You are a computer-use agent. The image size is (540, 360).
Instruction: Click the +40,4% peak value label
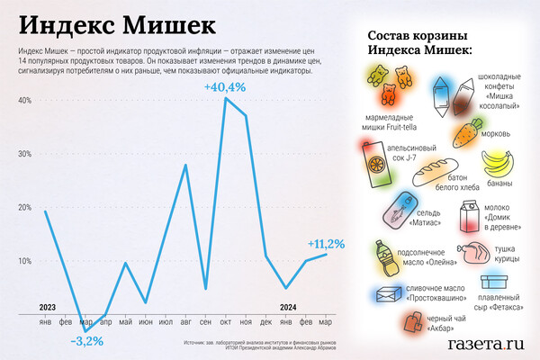[223, 87]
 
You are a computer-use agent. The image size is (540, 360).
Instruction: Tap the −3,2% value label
[87, 341]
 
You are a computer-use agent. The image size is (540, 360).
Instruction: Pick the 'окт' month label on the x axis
[226, 322]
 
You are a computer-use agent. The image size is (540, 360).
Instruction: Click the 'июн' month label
[146, 322]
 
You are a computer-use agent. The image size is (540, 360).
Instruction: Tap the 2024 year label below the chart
[288, 308]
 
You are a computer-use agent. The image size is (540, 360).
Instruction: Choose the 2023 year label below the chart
[48, 308]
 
